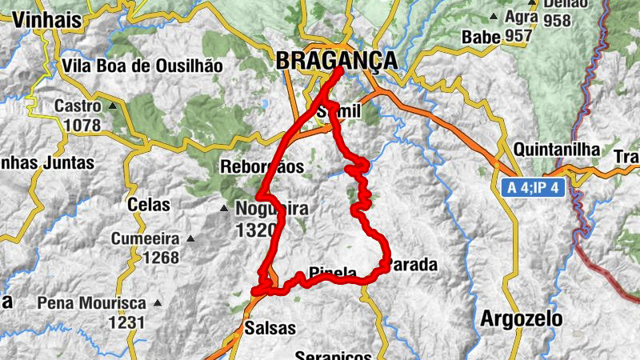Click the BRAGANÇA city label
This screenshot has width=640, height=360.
click(336, 60)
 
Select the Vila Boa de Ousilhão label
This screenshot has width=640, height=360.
click(142, 66)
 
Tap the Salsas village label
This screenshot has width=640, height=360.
click(270, 328)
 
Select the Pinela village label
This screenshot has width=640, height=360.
click(333, 274)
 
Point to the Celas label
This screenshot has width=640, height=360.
click(148, 205)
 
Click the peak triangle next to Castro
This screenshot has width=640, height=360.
click(113, 106)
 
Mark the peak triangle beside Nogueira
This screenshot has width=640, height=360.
click(224, 210)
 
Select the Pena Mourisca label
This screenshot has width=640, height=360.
click(91, 304)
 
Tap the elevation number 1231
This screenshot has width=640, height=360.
click(127, 322)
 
